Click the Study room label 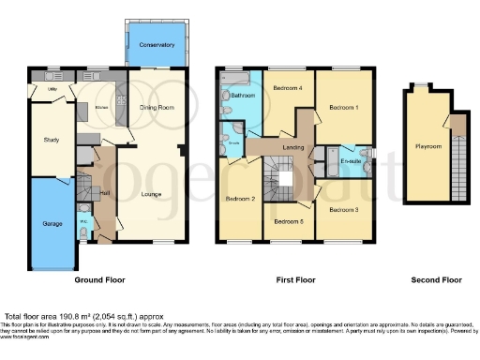(x=51, y=141)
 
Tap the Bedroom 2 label (x=240, y=199)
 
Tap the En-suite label (x=352, y=162)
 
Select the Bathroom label (x=244, y=96)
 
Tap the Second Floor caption (x=436, y=279)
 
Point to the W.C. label (x=83, y=222)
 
